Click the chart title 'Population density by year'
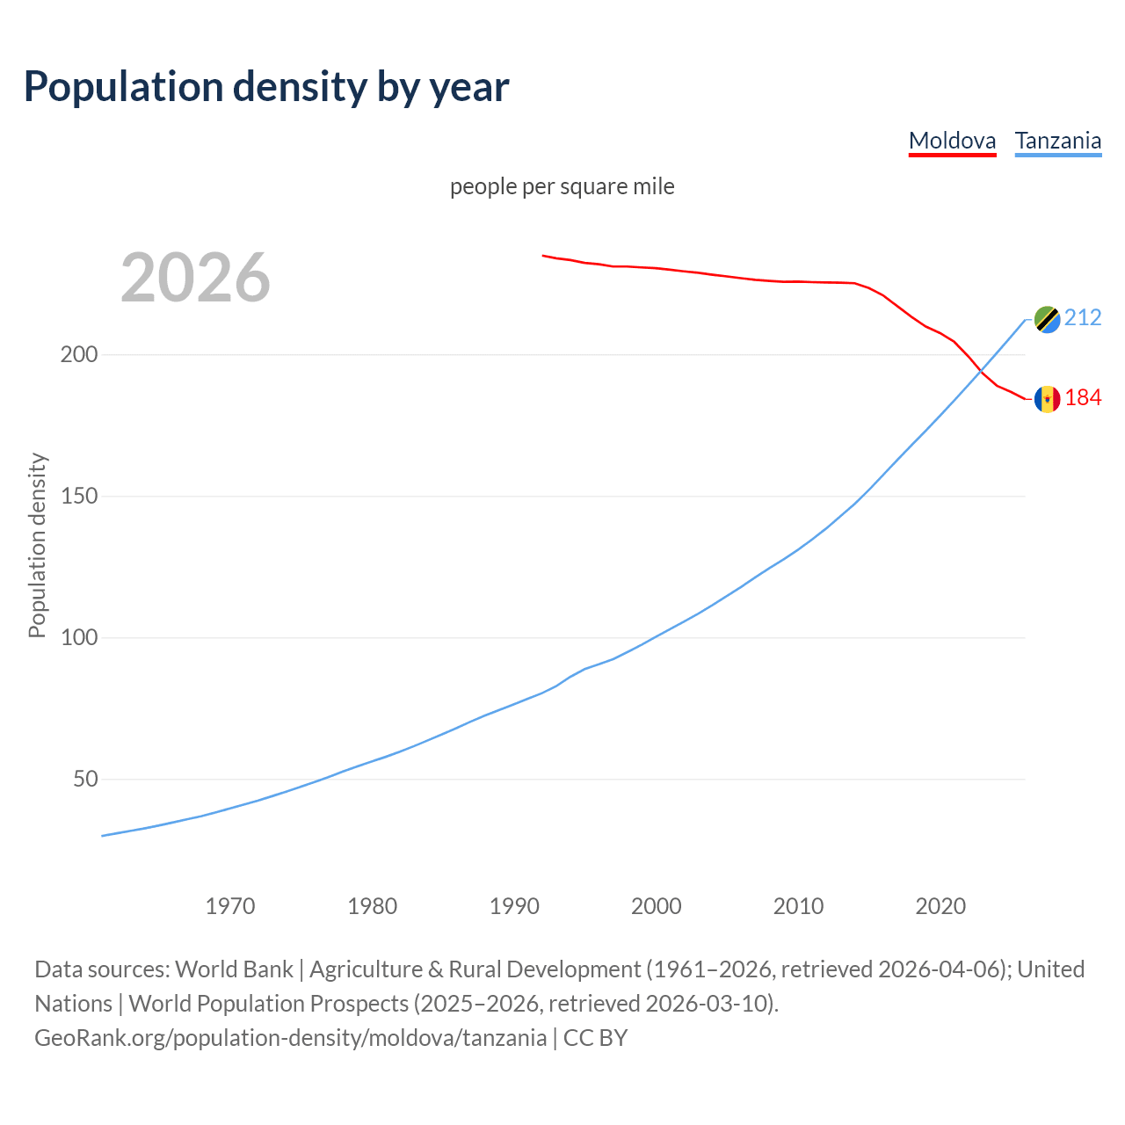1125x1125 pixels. coord(266,86)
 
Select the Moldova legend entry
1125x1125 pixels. coord(952,141)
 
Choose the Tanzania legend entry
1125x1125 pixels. coord(1057,141)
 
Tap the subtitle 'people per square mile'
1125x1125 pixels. coord(562,186)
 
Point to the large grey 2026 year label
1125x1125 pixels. coord(195,278)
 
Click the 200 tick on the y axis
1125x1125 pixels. coord(78,355)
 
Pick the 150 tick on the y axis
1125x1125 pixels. coord(78,497)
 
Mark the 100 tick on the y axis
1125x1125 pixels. coord(78,638)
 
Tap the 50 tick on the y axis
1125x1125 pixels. coord(84,780)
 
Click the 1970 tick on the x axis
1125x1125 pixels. coord(230,906)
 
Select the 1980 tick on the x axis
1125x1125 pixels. coord(373,906)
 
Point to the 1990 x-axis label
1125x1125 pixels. coord(514,906)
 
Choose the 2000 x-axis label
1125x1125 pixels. coord(657,906)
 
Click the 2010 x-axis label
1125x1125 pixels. coord(798,906)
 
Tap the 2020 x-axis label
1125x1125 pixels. coord(940,906)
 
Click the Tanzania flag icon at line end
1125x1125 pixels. coord(1047,320)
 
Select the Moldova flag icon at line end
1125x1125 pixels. coord(1047,399)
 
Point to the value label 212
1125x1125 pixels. coord(1083,318)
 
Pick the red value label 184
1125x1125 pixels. coord(1083,398)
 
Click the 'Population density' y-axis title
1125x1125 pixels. coord(37,545)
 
